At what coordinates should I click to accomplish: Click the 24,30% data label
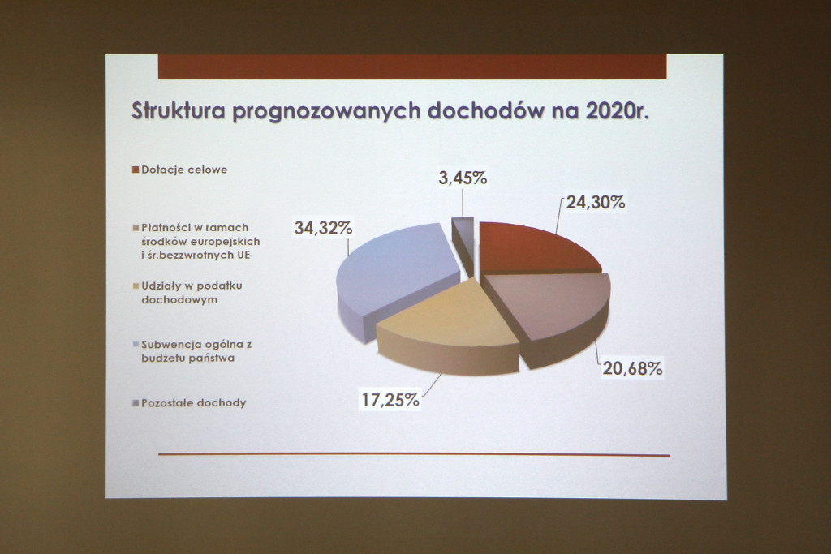click(x=596, y=202)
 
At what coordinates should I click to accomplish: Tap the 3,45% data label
click(x=463, y=178)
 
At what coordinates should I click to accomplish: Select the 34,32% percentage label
click(x=323, y=228)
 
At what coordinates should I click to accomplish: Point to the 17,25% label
click(x=390, y=400)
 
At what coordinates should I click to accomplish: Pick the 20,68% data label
click(x=632, y=368)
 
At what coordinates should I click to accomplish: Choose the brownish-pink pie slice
click(x=551, y=312)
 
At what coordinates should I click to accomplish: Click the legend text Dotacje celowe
click(x=184, y=170)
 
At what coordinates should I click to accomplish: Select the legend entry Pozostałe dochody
click(x=193, y=402)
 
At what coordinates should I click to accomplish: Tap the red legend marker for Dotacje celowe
click(x=136, y=170)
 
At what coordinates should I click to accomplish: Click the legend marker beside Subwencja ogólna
click(x=136, y=344)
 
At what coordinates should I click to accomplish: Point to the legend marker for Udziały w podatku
click(x=136, y=286)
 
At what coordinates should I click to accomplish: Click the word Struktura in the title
click(x=179, y=111)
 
